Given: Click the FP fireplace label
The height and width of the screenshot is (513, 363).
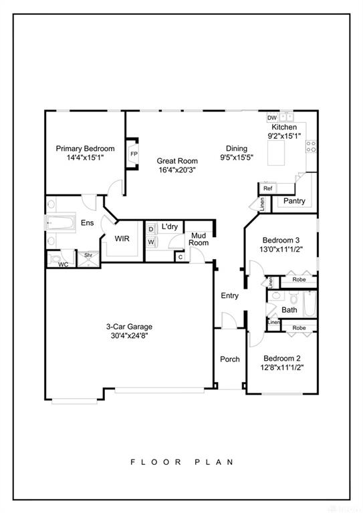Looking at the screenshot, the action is (x=134, y=154).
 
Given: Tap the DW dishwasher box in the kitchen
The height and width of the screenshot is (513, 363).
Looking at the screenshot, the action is (x=272, y=118).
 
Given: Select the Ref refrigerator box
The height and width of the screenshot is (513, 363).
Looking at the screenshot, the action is (x=267, y=188).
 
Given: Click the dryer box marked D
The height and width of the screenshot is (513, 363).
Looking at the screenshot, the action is (x=151, y=229).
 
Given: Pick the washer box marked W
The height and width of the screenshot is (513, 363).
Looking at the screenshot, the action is (x=151, y=242).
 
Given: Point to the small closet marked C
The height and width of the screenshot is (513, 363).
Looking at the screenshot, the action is (x=180, y=257).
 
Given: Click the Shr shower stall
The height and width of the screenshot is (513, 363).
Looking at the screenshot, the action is (x=88, y=259).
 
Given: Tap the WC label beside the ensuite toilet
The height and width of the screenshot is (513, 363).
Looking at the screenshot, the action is (x=63, y=265).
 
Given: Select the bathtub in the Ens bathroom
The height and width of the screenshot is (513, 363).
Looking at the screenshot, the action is (x=60, y=223).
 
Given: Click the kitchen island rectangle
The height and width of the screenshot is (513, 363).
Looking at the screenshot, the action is (x=276, y=153).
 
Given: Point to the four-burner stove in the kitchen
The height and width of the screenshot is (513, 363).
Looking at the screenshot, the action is (x=311, y=146).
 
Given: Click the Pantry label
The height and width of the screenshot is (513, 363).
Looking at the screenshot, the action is (x=294, y=201).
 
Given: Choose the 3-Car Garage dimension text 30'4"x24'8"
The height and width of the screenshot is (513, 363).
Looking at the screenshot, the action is (x=130, y=335).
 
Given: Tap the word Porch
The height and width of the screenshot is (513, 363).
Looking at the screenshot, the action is (x=230, y=359).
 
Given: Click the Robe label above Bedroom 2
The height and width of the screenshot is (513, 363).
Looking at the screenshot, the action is (x=299, y=327).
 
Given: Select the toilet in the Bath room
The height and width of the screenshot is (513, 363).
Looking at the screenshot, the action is (x=293, y=298).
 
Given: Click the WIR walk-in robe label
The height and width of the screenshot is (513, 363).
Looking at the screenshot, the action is (x=122, y=238).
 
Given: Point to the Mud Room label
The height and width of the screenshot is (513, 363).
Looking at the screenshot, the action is (x=199, y=239).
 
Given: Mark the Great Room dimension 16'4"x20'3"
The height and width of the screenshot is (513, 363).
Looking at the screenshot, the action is (x=177, y=170).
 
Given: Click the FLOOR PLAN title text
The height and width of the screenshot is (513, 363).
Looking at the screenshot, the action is (x=182, y=462).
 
